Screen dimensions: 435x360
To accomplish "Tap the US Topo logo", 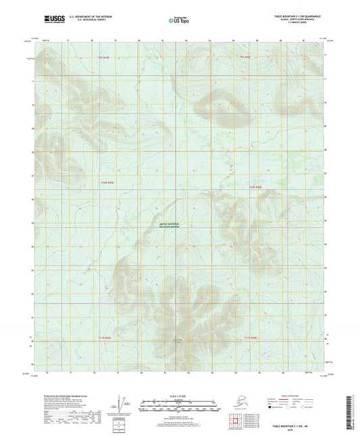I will click(178, 21).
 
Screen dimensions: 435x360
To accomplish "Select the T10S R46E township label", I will click(255, 186).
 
